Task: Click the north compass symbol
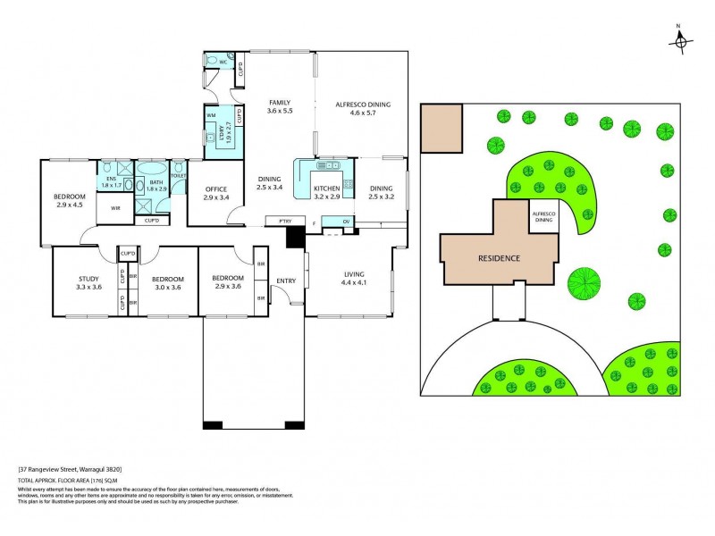point(681,40)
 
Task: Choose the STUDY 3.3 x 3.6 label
point(88,283)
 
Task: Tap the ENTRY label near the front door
point(286,281)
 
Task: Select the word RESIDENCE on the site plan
point(498,257)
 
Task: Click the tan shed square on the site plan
point(442,126)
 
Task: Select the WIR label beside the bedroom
point(115,207)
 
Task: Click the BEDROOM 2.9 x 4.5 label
point(69,200)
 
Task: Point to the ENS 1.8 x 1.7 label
point(111,182)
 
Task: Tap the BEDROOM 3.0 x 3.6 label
point(168,283)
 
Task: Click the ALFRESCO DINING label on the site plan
point(544,217)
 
